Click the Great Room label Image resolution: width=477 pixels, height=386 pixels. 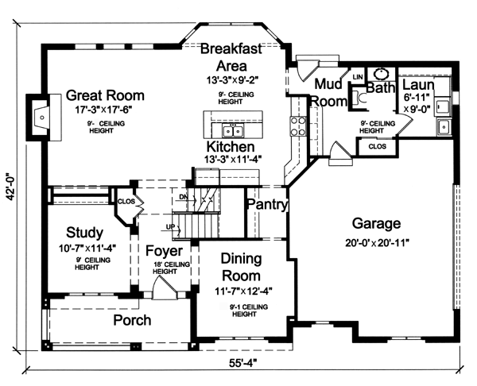(105, 95)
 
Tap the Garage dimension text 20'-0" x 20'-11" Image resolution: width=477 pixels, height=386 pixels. (377, 243)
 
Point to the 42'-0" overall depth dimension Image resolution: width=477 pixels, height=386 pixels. (11, 185)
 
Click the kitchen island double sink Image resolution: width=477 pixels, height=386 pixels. (233, 131)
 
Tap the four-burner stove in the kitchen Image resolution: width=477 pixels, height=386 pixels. (298, 125)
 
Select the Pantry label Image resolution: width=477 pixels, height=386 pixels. (267, 204)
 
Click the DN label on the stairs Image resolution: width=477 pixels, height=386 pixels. (184, 197)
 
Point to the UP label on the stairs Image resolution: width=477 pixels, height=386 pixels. (170, 226)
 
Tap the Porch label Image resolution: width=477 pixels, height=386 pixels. (132, 320)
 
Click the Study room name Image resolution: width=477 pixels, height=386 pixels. (84, 233)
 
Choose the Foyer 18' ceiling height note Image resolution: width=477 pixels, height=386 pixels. (171, 268)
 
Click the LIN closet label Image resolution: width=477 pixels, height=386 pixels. (358, 77)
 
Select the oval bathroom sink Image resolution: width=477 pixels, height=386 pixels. (380, 74)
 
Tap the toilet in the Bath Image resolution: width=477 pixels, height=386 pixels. (360, 98)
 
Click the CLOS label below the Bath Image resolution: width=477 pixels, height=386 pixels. (377, 146)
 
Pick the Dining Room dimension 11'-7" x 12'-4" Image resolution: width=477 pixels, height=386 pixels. (243, 291)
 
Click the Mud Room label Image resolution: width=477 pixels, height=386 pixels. (328, 93)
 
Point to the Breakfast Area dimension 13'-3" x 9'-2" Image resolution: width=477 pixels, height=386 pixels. (233, 80)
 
